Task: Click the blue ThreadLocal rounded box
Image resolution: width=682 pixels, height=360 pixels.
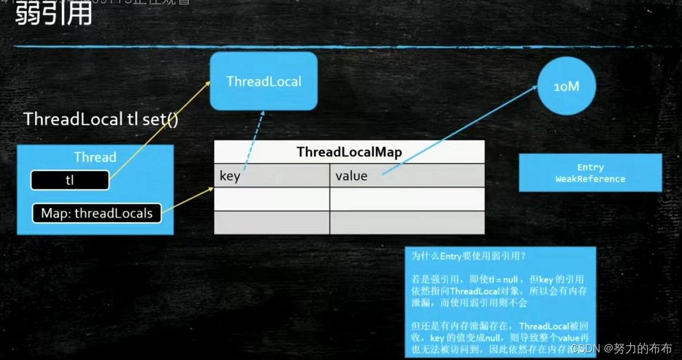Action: pyautogui.click(x=263, y=81)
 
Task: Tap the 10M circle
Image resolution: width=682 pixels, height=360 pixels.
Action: pyautogui.click(x=566, y=86)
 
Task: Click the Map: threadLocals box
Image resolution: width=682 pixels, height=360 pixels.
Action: pyautogui.click(x=96, y=213)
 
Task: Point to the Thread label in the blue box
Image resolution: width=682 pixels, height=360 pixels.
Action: pyautogui.click(x=95, y=157)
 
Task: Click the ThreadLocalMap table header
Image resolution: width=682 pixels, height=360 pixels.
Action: pyautogui.click(x=349, y=152)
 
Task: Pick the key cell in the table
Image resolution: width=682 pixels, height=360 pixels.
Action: pyautogui.click(x=272, y=176)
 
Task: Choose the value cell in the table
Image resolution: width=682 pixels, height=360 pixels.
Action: pyautogui.click(x=407, y=176)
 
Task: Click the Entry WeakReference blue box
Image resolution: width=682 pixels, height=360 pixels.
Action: pyautogui.click(x=590, y=173)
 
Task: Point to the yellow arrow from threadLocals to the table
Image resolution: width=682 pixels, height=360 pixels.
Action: pyautogui.click(x=188, y=200)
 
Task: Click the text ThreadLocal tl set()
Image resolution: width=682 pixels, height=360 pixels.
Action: pyautogui.click(x=101, y=119)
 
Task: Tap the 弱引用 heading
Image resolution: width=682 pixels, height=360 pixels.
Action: pyautogui.click(x=53, y=13)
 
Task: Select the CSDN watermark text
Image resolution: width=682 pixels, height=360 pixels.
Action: pyautogui.click(x=621, y=348)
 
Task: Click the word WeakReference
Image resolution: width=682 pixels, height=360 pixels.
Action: pyautogui.click(x=590, y=179)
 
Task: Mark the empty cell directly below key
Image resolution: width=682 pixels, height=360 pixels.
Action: pyautogui.click(x=272, y=199)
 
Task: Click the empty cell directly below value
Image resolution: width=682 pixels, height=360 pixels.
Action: pyautogui.click(x=407, y=199)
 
